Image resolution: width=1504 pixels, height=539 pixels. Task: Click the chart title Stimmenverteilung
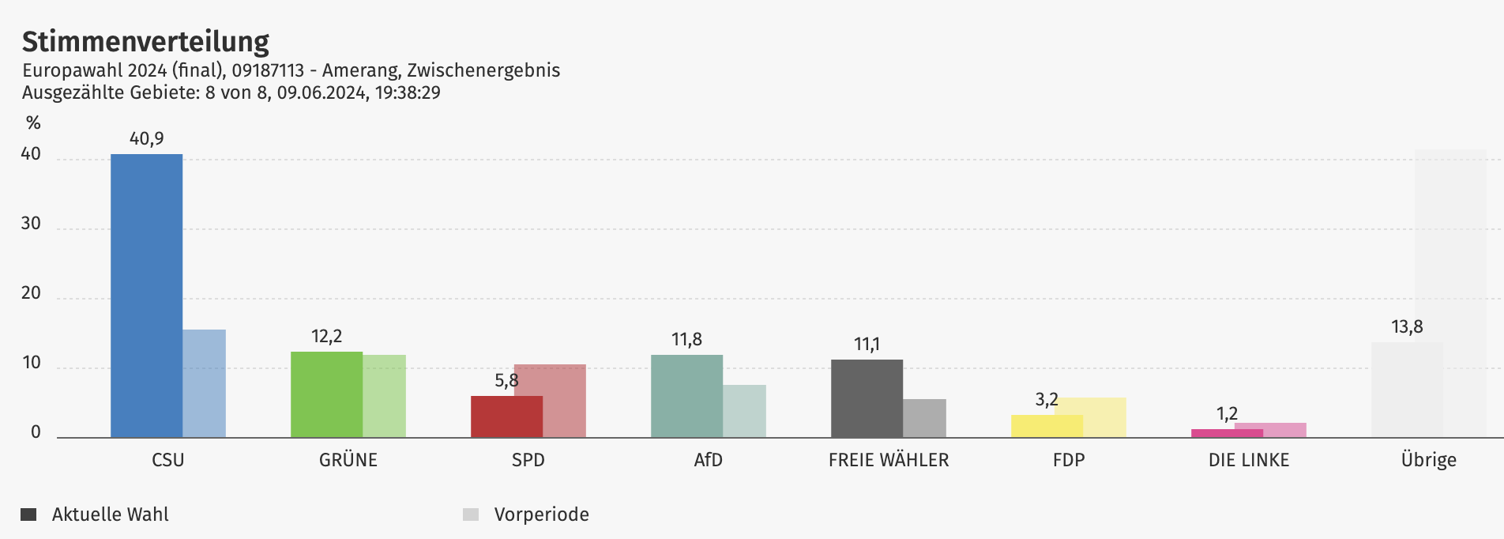[145, 41]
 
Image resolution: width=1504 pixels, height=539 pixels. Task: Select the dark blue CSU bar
[146, 296]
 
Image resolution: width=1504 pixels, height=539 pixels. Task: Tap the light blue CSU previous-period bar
[205, 383]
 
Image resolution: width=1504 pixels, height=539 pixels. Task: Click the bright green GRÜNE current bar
[326, 394]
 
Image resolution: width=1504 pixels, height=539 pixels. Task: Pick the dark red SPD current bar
[506, 416]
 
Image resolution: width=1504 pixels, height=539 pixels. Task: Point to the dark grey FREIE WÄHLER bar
[867, 398]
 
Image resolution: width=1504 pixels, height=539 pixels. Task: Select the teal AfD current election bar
[686, 396]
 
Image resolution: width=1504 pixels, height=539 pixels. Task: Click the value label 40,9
[147, 139]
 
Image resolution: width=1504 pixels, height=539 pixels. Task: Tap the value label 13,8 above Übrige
[1407, 327]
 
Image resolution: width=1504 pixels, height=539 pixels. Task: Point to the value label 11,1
[867, 345]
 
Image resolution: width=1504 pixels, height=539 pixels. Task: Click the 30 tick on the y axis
[31, 224]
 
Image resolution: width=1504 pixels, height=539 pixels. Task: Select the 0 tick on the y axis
[36, 432]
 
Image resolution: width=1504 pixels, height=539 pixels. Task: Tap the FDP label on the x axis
[1069, 460]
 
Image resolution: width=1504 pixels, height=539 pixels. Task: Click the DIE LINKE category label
[1249, 460]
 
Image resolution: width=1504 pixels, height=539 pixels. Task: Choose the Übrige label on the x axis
[1428, 460]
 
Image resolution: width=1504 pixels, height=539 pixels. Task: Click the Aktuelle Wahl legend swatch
[29, 514]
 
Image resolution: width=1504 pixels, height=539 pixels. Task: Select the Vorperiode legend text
[541, 514]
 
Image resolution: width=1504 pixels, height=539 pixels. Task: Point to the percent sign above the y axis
[33, 123]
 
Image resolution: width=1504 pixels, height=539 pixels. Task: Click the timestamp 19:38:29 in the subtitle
[408, 92]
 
